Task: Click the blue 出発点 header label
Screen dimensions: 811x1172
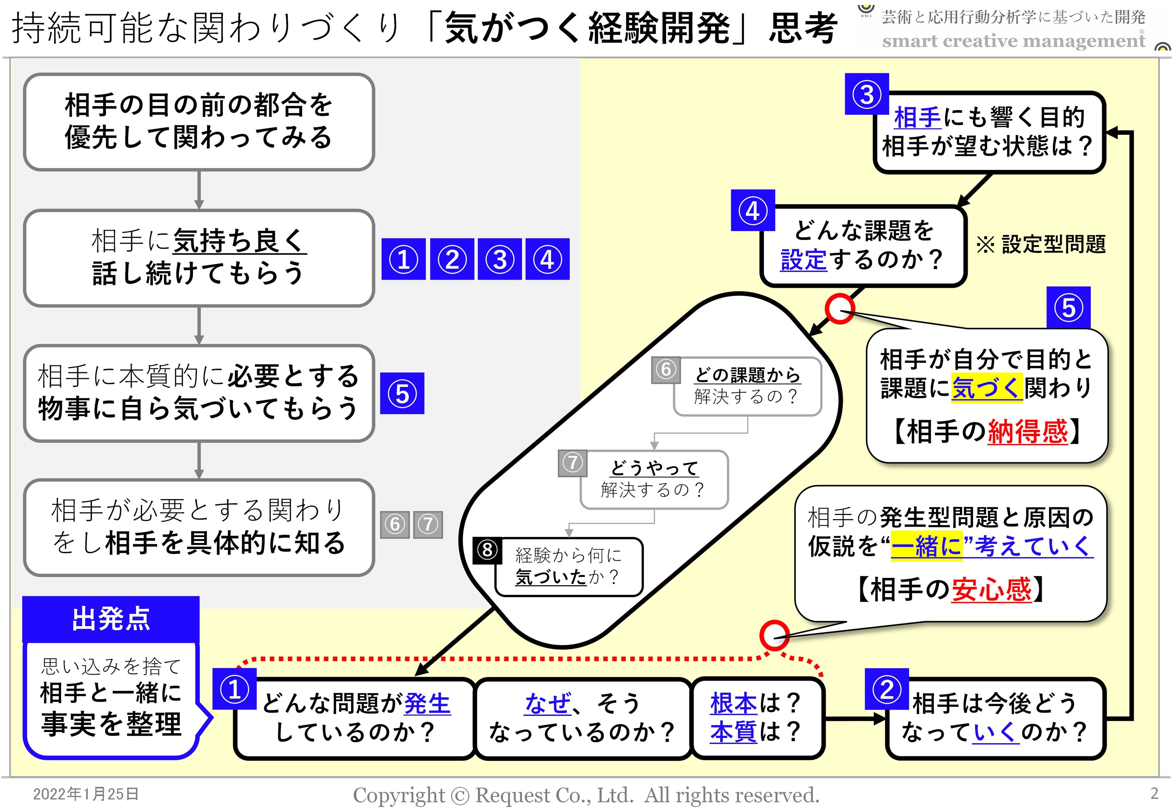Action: coord(111,619)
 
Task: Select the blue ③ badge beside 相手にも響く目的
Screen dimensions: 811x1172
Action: coord(866,95)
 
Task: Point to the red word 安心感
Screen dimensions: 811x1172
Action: coord(991,589)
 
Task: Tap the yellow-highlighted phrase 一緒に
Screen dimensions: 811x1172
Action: coord(926,546)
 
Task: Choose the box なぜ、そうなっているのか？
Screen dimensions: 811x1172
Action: coord(582,718)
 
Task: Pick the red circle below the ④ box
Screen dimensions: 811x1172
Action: coord(839,308)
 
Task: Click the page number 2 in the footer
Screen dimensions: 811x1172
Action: coord(1154,793)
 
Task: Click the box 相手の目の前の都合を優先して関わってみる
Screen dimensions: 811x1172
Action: coord(199,122)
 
